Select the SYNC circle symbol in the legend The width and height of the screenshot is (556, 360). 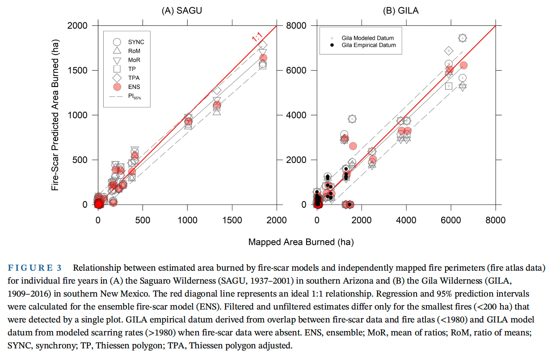117,42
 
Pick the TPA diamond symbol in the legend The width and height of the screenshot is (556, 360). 117,78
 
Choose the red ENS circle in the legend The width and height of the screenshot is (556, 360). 117,87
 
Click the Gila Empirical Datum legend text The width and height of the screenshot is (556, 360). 369,45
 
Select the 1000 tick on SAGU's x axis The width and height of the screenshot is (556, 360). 187,220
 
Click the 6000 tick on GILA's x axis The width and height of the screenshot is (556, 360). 451,220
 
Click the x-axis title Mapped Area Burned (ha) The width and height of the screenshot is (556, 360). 301,242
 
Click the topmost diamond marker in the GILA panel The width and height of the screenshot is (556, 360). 462,38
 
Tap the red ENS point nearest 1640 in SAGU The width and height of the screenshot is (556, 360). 263,58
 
